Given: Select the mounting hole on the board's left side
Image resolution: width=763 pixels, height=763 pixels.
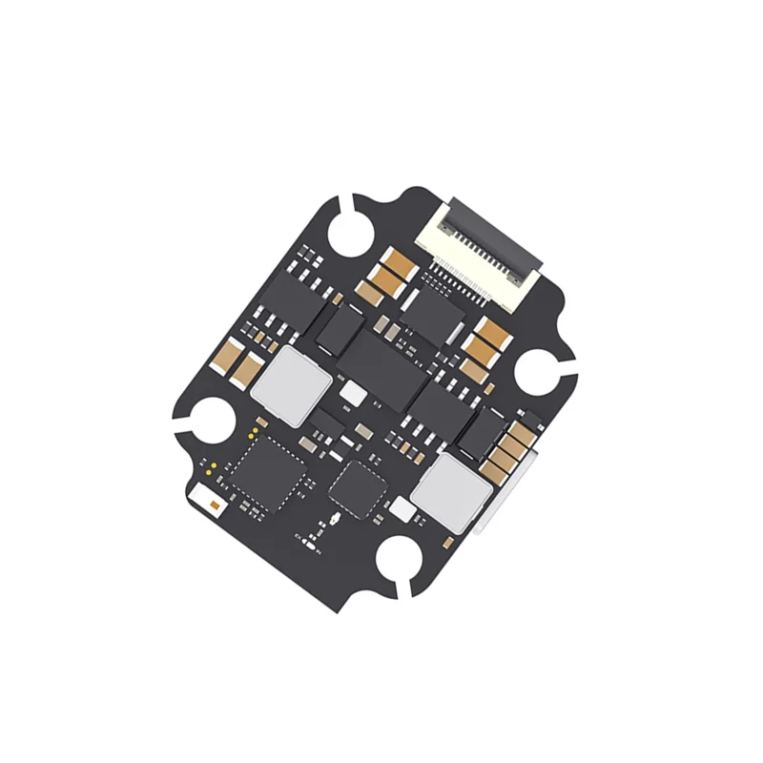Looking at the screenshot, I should (x=207, y=420).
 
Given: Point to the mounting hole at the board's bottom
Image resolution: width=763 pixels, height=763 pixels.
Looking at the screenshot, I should (x=402, y=564).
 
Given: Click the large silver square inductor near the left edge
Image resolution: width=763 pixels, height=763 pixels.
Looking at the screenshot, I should (x=292, y=384).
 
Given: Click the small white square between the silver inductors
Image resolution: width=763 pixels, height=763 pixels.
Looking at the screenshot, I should (x=353, y=393).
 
